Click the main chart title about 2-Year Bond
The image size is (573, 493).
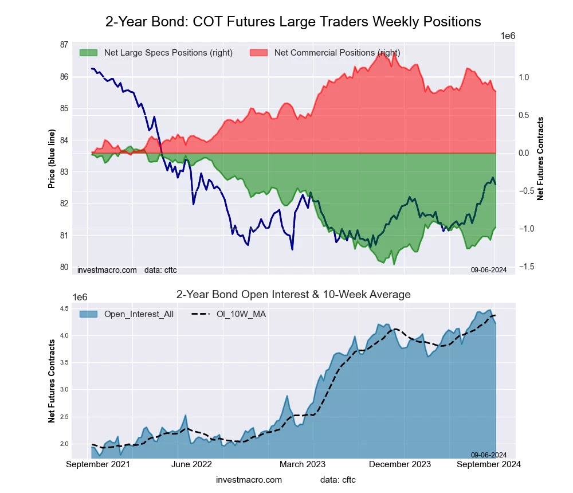[293, 22]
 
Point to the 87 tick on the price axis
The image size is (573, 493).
[64, 45]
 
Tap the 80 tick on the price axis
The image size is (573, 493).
[64, 267]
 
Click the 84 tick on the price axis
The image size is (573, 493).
[64, 140]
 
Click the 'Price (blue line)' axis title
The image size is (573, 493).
[52, 159]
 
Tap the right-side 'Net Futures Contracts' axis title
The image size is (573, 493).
[540, 159]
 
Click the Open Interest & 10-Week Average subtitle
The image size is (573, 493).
[293, 295]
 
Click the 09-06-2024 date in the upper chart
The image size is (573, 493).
[489, 269]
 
